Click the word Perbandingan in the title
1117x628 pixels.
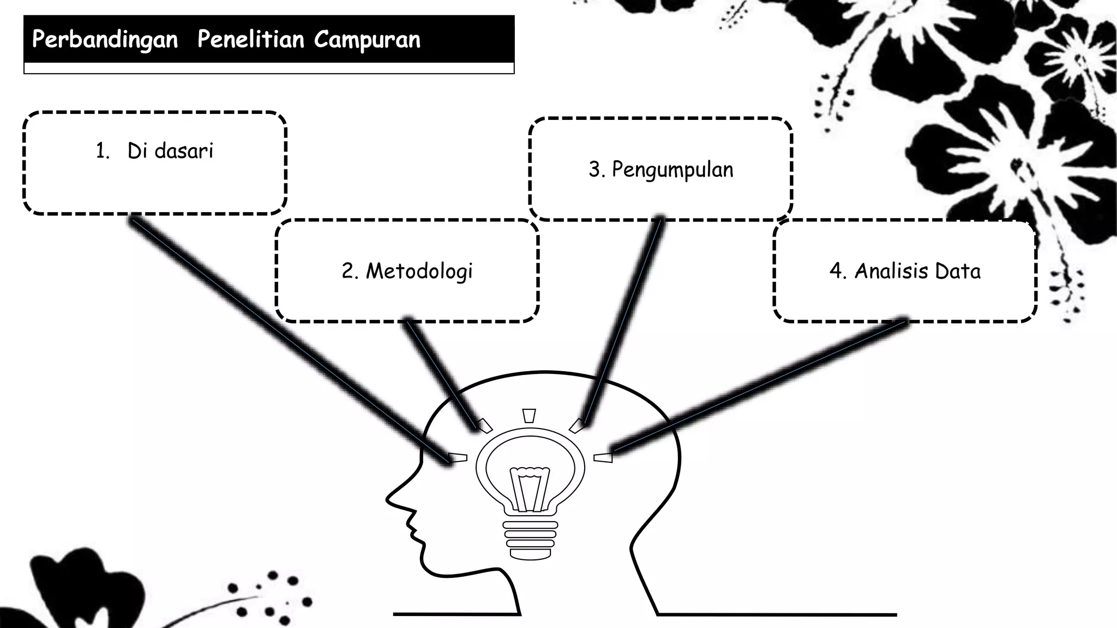105,40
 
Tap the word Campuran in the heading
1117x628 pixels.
367,40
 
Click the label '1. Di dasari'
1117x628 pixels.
154,151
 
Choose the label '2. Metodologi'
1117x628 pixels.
407,271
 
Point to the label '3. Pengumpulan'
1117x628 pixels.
660,170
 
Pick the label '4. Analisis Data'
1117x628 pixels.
905,271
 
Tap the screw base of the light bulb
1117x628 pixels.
530,540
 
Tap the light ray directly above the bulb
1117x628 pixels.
529,416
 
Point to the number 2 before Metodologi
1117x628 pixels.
348,271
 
